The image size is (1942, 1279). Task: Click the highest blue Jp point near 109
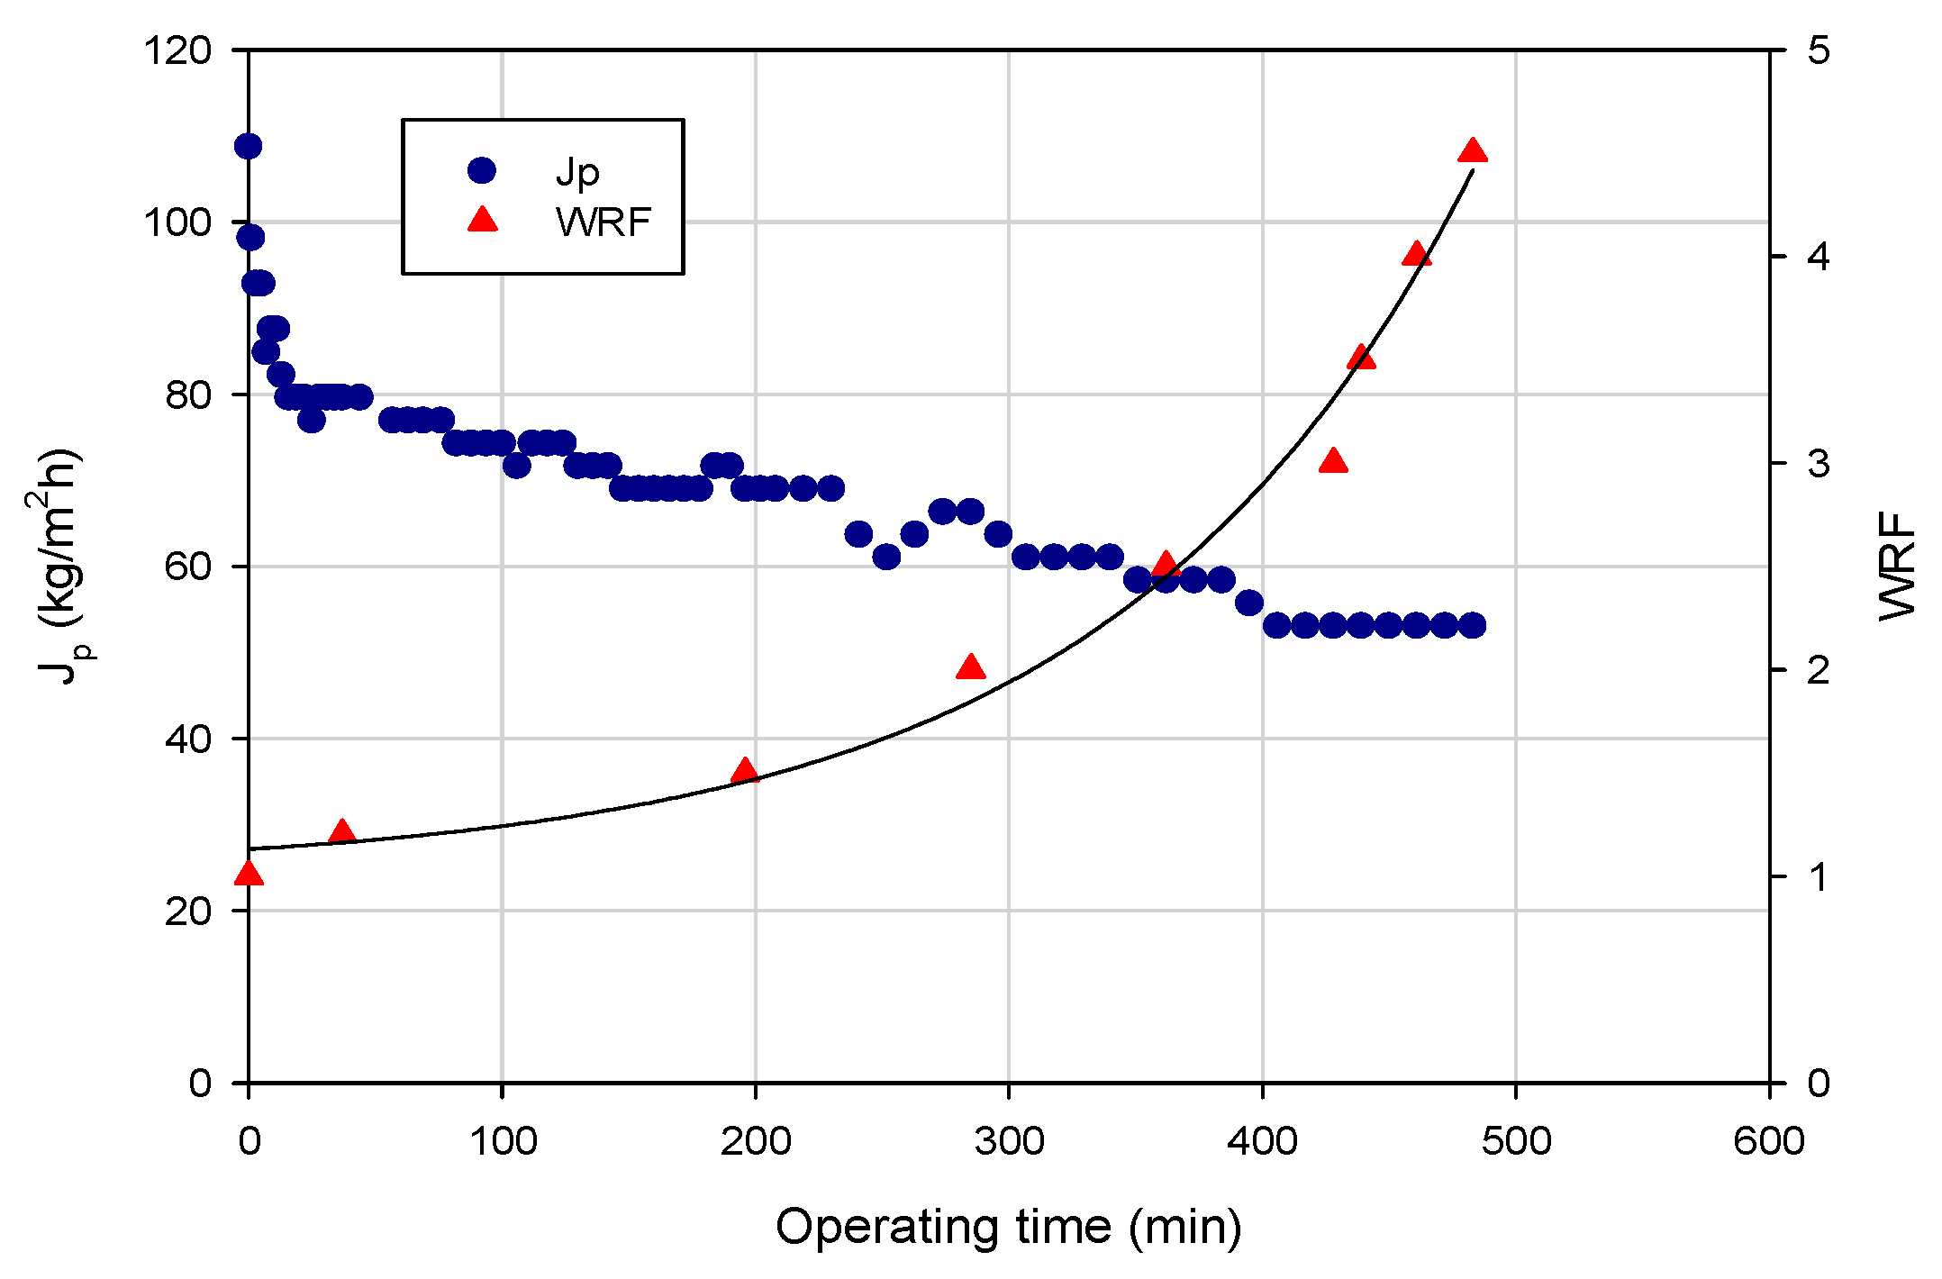click(x=248, y=146)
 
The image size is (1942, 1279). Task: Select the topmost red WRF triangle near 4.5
click(x=1472, y=151)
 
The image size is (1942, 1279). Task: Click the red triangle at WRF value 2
click(x=970, y=667)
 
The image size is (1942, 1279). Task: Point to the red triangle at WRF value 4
click(x=1416, y=255)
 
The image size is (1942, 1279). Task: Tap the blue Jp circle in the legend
click(x=482, y=169)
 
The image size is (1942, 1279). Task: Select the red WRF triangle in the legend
click(x=483, y=220)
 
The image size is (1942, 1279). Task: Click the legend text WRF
click(x=603, y=222)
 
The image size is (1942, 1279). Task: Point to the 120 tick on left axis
click(x=177, y=50)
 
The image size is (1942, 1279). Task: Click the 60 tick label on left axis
click(x=188, y=567)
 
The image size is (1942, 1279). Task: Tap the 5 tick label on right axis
click(x=1819, y=50)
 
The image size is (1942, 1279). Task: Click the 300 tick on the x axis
click(x=1009, y=1141)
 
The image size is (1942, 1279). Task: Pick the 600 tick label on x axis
click(x=1769, y=1141)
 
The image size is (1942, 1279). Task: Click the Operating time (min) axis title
click(x=1009, y=1227)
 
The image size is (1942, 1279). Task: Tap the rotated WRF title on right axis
click(x=1897, y=566)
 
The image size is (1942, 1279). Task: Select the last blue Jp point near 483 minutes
click(x=1472, y=625)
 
